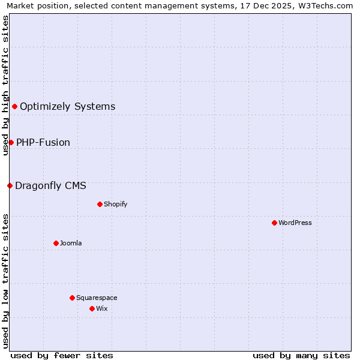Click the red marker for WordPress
coord(274,223)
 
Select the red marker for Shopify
coord(100,204)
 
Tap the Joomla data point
coord(56,243)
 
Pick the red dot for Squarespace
coord(72,298)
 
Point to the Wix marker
coord(92,308)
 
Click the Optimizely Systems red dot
coord(14,107)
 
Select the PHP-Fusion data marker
coord(11,142)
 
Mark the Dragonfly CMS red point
coord(10,185)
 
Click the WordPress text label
coord(295,223)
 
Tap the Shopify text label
coord(116,204)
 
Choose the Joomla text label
coord(71,243)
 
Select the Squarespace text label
coord(97,298)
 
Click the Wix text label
coord(101,308)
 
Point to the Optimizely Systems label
coord(68,107)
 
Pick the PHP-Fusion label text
coord(43,142)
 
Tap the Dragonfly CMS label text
coord(50,185)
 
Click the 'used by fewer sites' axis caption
coord(62,355)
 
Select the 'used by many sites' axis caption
coord(301,355)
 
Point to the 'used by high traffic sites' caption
coord(5,85)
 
